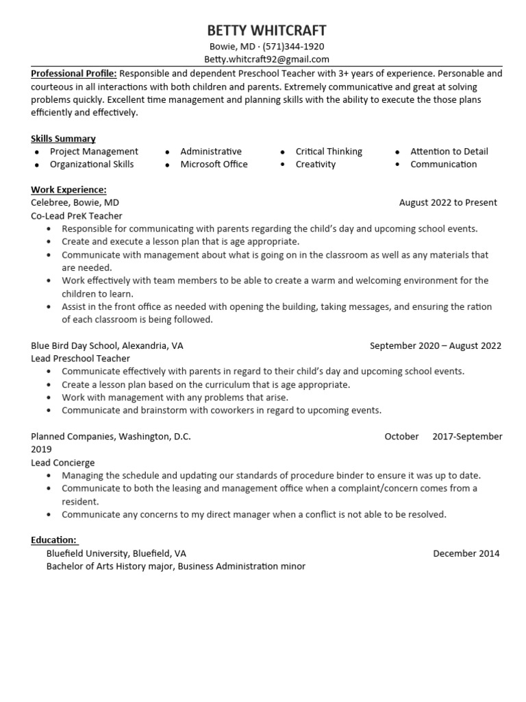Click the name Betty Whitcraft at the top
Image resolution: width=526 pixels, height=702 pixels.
click(266, 31)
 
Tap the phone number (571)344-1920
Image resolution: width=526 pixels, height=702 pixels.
click(293, 47)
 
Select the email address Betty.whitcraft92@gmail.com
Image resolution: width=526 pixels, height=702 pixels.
click(266, 60)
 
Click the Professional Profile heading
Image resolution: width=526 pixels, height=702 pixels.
click(74, 73)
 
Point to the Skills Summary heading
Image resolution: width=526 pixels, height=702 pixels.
click(63, 138)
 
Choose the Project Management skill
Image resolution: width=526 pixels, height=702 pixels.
click(94, 152)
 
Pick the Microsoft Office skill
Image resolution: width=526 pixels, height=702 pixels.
click(214, 165)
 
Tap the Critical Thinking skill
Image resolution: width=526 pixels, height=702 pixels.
click(329, 152)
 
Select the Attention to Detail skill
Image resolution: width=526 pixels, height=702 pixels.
click(449, 152)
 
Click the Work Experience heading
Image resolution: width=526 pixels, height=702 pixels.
click(68, 190)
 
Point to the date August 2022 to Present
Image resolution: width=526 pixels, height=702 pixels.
click(448, 203)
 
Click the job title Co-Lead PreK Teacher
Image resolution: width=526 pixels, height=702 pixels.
click(77, 216)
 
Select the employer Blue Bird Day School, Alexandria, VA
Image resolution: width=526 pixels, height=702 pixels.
click(107, 346)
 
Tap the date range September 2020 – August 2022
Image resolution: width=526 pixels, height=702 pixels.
click(435, 346)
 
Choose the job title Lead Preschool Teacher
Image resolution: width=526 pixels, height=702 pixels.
click(80, 359)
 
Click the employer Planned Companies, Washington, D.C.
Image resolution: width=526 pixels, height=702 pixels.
click(111, 437)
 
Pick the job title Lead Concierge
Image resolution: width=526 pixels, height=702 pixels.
click(63, 463)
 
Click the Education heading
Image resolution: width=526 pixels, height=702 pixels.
click(54, 540)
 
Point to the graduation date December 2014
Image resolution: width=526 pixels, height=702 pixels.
click(466, 553)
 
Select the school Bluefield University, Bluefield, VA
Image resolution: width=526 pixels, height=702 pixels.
click(116, 553)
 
